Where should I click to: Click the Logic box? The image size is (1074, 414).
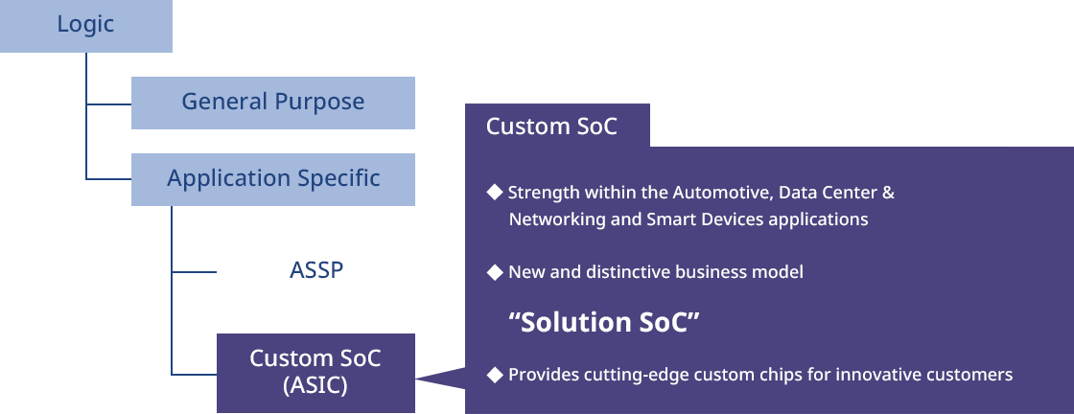coord(85,26)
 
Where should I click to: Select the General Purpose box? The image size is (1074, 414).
coord(272,103)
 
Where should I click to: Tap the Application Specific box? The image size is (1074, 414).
coord(272,179)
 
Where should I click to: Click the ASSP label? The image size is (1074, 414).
coord(315,271)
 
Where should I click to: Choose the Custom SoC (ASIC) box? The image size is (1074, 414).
coord(315,373)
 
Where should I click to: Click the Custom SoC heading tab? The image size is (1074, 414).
coord(557,126)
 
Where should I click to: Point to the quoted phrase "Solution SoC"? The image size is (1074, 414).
coord(604,322)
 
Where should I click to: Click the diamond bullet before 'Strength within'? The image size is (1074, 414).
coord(495,193)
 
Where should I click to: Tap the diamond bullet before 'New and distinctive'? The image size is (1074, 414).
coord(495,272)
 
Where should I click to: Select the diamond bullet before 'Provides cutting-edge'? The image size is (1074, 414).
coord(495,375)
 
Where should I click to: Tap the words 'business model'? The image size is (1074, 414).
coord(739,272)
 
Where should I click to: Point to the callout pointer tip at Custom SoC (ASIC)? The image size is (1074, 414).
coord(416,378)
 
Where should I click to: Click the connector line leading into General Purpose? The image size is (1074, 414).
coord(109,104)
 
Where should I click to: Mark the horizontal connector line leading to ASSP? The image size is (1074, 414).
coord(194,271)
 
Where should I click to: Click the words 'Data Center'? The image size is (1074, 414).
coord(825,193)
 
